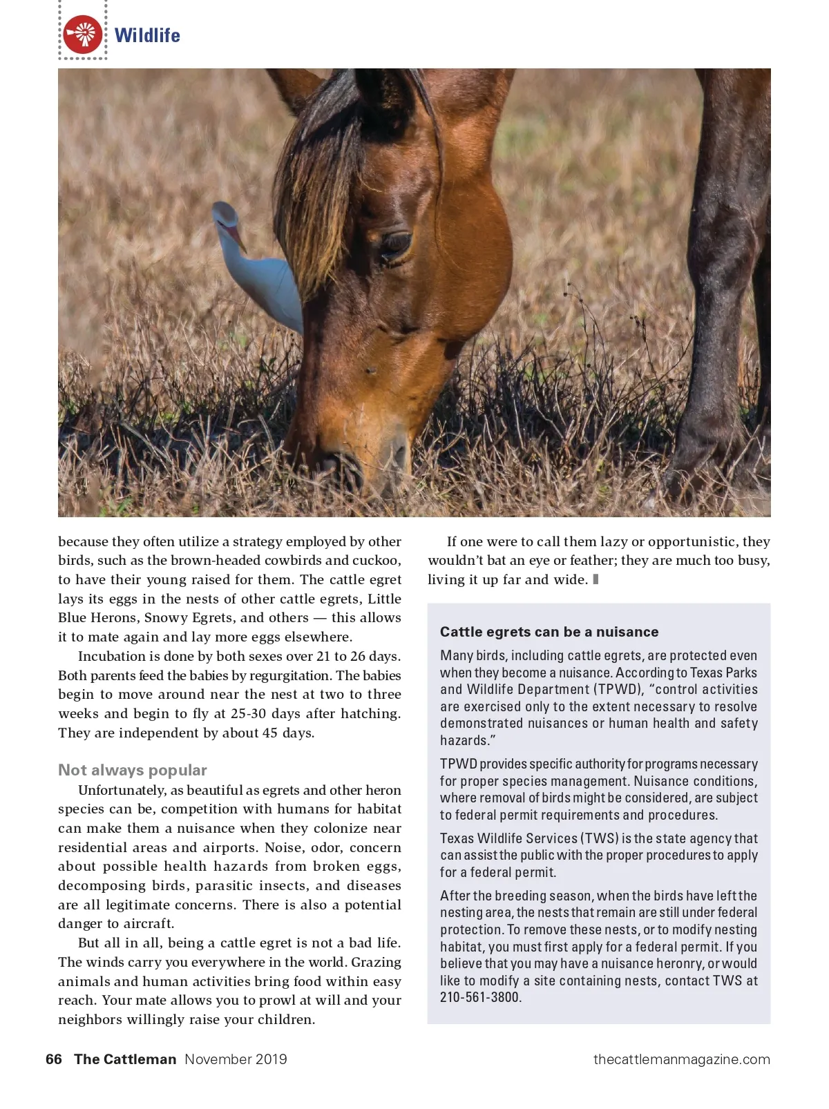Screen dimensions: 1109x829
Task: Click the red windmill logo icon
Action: point(83,35)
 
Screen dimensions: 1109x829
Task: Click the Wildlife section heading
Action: point(147,35)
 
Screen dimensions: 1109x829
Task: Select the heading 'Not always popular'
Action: point(133,770)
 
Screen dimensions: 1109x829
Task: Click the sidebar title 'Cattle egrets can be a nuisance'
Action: point(549,632)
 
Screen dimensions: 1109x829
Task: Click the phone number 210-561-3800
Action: point(480,997)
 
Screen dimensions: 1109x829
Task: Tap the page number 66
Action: point(54,1059)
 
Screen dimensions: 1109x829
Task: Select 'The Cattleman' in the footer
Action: point(125,1059)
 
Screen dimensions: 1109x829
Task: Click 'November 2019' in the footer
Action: point(236,1059)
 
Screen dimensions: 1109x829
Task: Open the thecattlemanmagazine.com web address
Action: point(681,1059)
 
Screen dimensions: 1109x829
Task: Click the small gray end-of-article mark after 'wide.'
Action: point(595,579)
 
